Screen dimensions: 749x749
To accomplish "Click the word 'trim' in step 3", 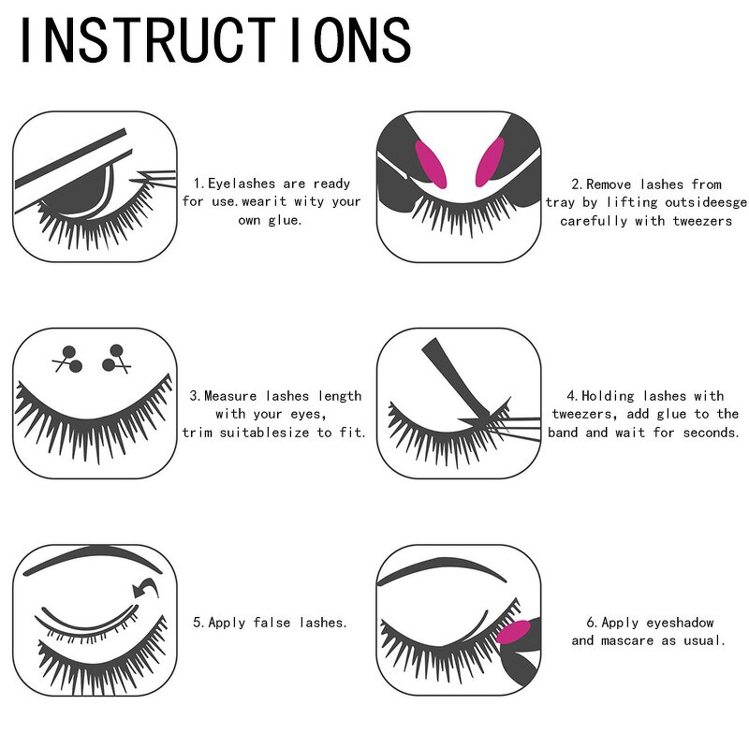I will (x=198, y=432).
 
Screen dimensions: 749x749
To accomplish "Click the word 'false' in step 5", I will (x=272, y=622).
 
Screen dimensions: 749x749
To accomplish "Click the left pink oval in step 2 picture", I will (x=430, y=164).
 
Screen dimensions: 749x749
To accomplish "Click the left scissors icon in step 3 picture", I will (x=68, y=359).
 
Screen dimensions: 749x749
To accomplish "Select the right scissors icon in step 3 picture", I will (x=117, y=359).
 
